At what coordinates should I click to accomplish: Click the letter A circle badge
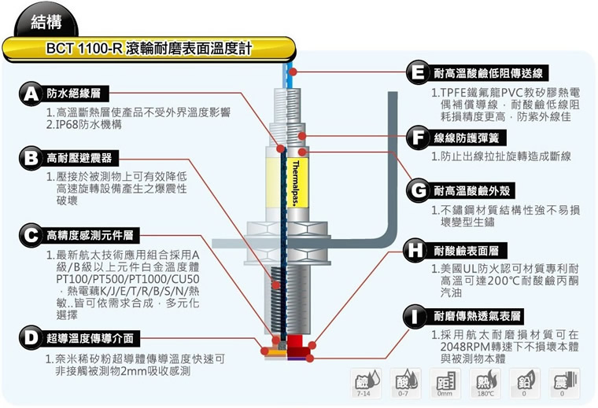click(x=31, y=94)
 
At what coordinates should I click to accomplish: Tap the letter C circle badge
click(x=31, y=234)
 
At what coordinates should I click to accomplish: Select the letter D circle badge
click(x=31, y=339)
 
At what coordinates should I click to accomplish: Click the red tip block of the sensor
click(x=298, y=344)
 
